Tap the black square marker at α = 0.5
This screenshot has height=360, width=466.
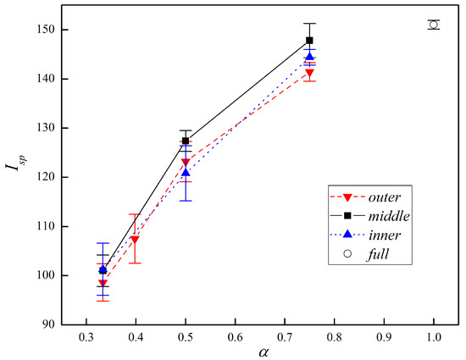click(x=186, y=141)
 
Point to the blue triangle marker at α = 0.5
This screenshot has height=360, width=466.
click(x=186, y=172)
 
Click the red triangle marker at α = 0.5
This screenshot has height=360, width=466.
click(x=186, y=162)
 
